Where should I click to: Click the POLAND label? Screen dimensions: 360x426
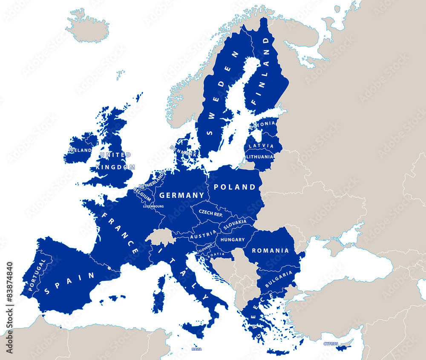(x=235, y=187)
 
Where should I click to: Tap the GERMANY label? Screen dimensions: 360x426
(x=181, y=196)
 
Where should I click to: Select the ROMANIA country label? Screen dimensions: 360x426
(x=270, y=251)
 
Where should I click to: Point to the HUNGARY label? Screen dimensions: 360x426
(x=233, y=240)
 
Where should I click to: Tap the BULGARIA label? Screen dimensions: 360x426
(x=279, y=278)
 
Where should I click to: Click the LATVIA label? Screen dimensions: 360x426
(x=261, y=146)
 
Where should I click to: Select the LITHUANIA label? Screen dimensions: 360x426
(x=260, y=157)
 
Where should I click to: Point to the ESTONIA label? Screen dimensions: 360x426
(x=263, y=124)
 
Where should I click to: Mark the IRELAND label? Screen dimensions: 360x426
(x=80, y=150)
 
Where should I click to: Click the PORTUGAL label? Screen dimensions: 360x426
(x=36, y=275)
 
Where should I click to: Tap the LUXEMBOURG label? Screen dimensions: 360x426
(x=153, y=206)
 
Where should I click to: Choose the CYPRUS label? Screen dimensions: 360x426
(x=330, y=343)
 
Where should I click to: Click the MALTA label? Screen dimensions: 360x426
(x=196, y=349)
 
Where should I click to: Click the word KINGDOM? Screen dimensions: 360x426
(x=115, y=167)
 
